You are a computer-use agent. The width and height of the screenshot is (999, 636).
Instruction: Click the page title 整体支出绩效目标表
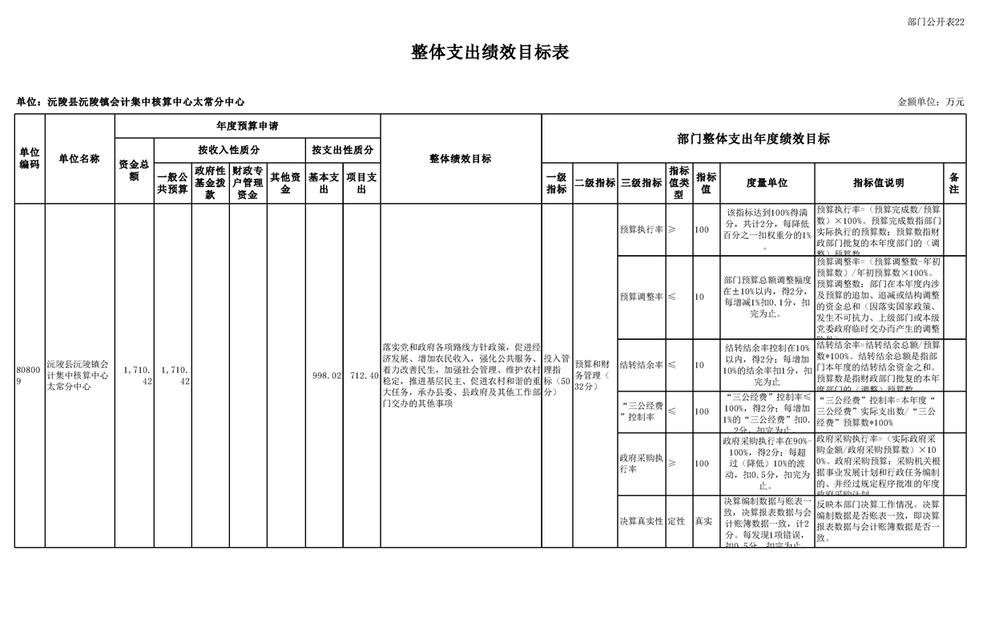(x=489, y=53)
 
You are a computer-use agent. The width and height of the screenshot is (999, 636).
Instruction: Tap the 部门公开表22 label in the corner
(x=936, y=22)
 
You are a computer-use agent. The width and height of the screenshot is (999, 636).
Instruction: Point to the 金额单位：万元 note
(x=930, y=102)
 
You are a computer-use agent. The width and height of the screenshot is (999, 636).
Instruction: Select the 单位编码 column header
(x=30, y=159)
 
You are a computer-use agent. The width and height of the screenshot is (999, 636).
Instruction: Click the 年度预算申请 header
(x=247, y=126)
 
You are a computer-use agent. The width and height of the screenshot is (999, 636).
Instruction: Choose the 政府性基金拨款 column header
(x=210, y=183)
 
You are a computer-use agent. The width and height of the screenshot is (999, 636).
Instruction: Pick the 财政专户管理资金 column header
(x=248, y=183)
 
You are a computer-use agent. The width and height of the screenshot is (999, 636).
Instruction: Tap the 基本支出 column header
(x=324, y=183)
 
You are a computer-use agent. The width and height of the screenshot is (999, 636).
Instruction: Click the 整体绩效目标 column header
(x=461, y=159)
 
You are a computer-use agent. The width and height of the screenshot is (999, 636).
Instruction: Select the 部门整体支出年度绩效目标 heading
(x=753, y=139)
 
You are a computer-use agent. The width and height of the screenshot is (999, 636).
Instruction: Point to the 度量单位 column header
(x=767, y=183)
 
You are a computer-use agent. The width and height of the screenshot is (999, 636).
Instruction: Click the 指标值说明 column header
(x=878, y=183)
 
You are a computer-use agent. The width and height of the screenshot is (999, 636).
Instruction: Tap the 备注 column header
(x=954, y=183)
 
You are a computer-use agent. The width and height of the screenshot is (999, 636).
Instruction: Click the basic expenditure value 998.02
(x=327, y=375)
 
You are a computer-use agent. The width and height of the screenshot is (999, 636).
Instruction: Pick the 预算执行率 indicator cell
(x=641, y=229)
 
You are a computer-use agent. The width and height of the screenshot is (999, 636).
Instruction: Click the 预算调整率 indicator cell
(x=641, y=297)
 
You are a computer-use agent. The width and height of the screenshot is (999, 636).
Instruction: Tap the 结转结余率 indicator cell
(x=641, y=365)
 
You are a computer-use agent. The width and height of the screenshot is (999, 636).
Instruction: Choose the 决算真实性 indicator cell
(x=641, y=521)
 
